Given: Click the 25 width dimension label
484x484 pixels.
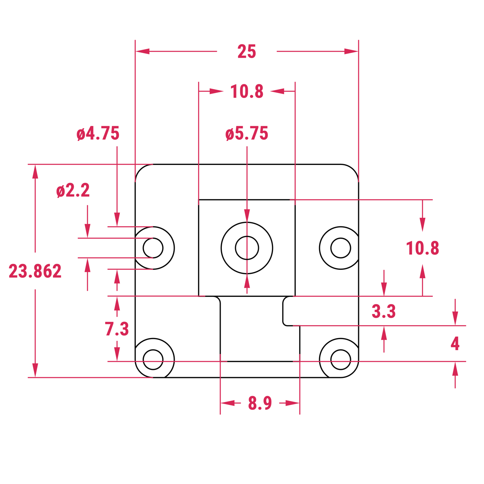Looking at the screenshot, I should (x=246, y=52).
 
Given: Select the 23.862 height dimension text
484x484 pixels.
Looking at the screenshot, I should (x=35, y=271).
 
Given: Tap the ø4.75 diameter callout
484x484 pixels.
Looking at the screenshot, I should (x=98, y=134).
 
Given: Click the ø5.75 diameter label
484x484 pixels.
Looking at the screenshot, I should (x=246, y=134).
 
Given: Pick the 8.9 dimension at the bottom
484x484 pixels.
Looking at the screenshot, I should (x=260, y=403).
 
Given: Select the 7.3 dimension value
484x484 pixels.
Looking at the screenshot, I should (x=117, y=329).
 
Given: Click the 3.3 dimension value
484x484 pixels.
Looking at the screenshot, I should (x=384, y=311).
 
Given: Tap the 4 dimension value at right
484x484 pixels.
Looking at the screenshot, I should (x=455, y=344).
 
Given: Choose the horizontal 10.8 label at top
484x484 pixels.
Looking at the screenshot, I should (x=246, y=92).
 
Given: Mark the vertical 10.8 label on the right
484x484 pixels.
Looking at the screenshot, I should (x=422, y=248).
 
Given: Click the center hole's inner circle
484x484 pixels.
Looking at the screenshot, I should (x=247, y=248).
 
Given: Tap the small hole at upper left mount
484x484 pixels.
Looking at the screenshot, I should (x=153, y=248).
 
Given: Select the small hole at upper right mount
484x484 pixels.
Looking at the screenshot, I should (x=341, y=248).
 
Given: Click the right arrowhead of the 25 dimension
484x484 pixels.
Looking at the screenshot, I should (x=351, y=52).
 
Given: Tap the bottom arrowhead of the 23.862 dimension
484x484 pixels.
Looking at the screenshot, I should (x=35, y=370).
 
